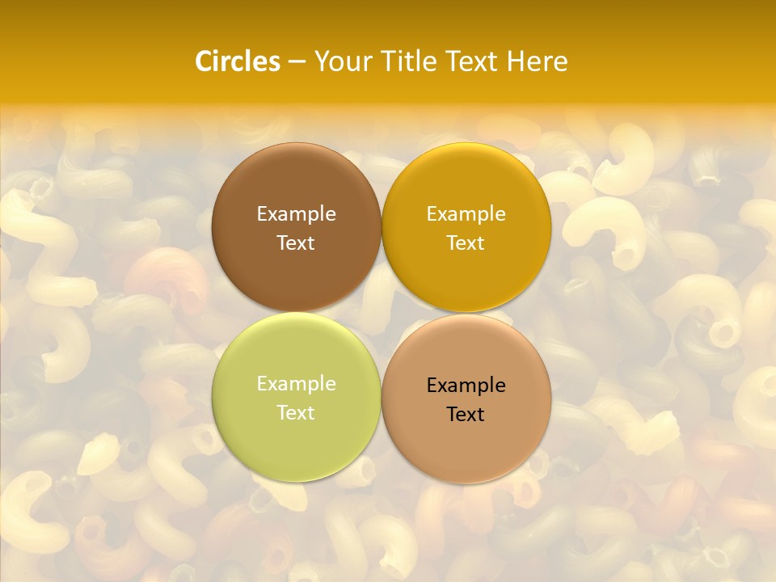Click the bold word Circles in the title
238,61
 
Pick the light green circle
296,441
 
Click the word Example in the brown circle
296,214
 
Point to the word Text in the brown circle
296,243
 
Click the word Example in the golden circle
466,214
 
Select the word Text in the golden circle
466,243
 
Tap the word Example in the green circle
296,384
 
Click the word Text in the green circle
296,413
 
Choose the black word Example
466,386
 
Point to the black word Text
466,415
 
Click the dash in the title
297,61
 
